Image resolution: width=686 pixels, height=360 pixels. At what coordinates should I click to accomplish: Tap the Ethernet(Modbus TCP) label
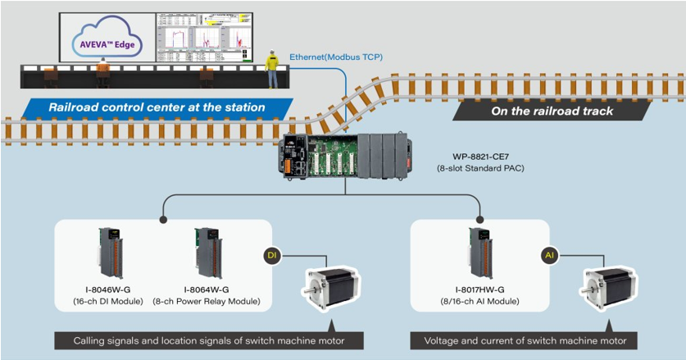point(336,57)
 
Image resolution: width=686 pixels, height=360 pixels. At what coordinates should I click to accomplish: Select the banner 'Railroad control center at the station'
point(156,107)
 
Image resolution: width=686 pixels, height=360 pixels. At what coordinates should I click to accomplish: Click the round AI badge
point(552,256)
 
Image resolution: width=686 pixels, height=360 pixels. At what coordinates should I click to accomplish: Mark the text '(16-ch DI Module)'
point(107,301)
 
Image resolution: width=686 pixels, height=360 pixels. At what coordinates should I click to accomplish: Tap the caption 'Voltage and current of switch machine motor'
point(525,340)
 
